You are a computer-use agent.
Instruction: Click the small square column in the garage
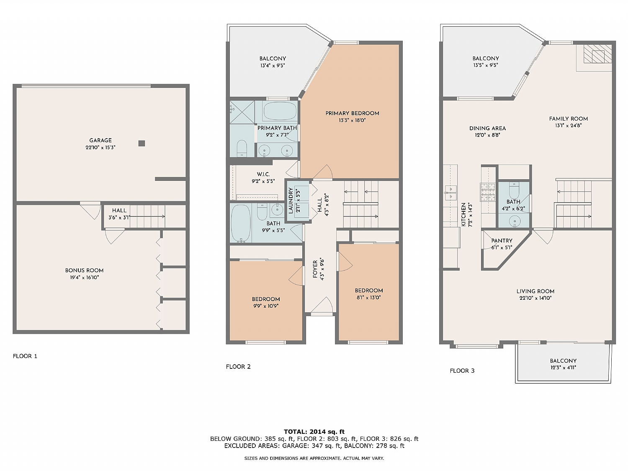142,143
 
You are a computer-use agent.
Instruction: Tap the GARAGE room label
100,140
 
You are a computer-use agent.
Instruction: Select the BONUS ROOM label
84,270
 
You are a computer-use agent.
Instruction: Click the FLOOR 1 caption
25,356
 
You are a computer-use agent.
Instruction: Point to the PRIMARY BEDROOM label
352,113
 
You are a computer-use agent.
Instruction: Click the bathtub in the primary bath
280,111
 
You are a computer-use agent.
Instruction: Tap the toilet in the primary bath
242,148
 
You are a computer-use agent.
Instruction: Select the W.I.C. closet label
263,174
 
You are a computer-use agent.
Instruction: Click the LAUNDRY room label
291,200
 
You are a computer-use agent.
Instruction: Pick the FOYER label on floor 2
315,269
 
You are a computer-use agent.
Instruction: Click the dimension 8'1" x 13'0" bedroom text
369,298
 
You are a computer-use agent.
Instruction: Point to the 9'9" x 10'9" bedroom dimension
266,306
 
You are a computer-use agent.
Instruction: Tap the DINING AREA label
487,128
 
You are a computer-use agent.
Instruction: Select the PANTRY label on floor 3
502,241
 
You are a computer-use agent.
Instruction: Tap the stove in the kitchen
487,192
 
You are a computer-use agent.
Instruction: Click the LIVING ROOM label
535,291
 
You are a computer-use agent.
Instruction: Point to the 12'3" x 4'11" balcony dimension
563,368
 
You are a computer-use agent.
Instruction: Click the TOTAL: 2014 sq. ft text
314,432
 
